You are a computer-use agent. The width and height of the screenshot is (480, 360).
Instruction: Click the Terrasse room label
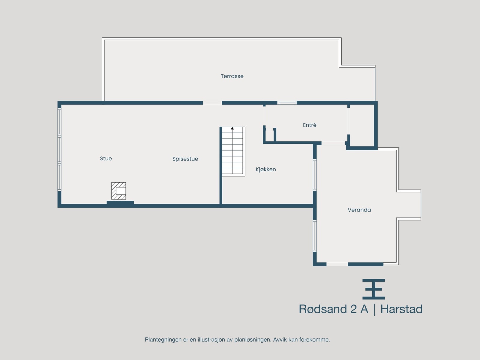tap(232, 76)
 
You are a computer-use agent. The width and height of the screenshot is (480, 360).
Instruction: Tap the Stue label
tap(106, 158)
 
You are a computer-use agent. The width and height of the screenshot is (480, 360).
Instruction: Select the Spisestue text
tap(185, 159)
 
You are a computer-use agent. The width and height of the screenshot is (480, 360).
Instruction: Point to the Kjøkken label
tap(265, 169)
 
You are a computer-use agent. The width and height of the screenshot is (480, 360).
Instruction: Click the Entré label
tap(310, 125)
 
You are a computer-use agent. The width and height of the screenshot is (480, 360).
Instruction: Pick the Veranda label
tap(359, 210)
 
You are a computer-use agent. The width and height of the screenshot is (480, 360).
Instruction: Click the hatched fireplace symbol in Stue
tap(118, 191)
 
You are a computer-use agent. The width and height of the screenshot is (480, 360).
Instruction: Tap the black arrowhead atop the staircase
tap(232, 128)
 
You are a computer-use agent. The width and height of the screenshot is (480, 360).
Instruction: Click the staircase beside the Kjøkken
tap(232, 151)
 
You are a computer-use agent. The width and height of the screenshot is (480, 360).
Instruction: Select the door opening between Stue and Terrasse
tap(212, 103)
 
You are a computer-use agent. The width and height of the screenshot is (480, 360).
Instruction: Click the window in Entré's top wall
tap(287, 103)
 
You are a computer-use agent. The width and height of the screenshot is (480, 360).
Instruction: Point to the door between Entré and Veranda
tap(333, 143)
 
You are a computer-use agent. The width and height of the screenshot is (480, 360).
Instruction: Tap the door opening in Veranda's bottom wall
tap(337, 264)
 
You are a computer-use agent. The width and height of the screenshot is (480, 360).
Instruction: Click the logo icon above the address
tap(373, 289)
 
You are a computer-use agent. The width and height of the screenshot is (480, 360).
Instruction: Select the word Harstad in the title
tap(401, 309)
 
